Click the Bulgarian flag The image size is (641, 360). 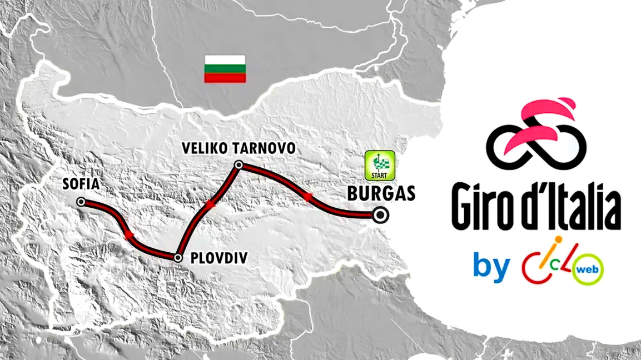coord(225,69)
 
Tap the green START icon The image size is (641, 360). coord(380,166)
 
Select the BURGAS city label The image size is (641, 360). coord(381,193)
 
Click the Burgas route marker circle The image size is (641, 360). coord(381,215)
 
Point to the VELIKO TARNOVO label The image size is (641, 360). coord(238,148)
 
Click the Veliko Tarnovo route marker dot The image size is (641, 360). coord(238,164)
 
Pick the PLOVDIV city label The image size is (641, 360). coord(218,258)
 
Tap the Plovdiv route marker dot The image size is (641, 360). coord(178,258)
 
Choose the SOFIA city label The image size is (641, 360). coord(81,184)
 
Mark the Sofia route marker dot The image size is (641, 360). coord(81,202)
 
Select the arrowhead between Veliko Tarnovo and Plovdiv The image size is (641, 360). coord(210,204)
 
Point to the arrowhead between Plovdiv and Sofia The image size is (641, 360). coord(128,236)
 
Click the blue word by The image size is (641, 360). coord(491,267)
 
